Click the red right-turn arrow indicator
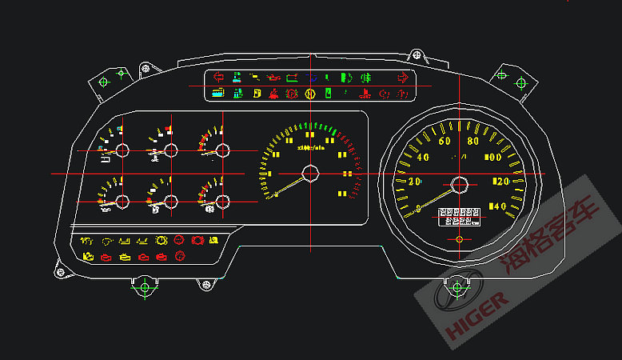402,78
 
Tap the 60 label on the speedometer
445,142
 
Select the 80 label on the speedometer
473,142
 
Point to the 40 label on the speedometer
424,157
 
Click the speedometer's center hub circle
459,185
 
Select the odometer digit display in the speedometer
459,217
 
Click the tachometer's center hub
310,173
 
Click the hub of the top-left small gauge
122,150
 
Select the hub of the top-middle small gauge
170,150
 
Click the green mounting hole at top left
103,81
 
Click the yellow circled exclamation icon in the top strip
310,94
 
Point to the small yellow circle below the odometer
459,238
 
